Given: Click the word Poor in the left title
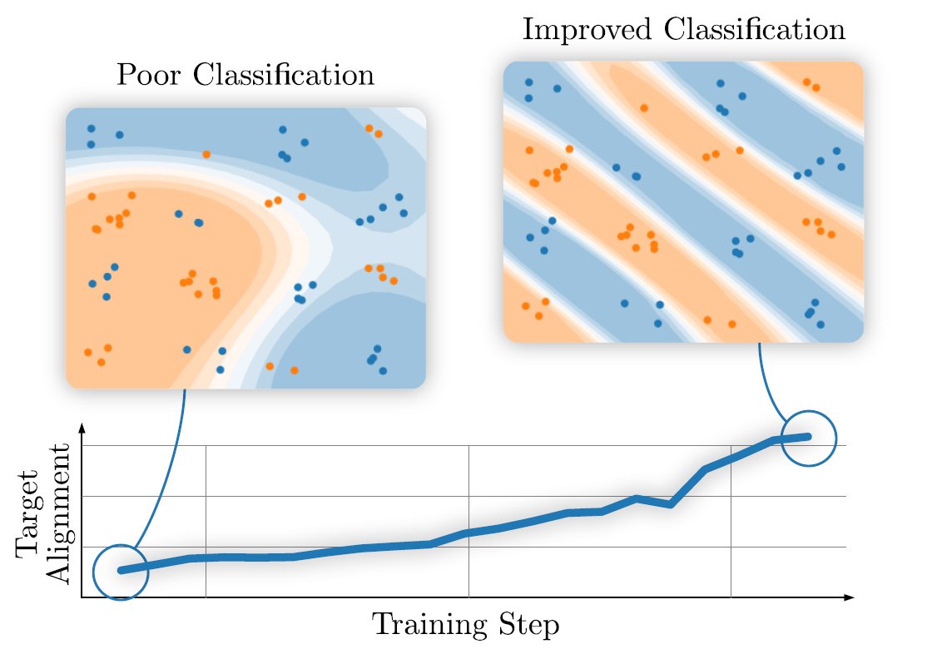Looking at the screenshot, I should pos(146,76).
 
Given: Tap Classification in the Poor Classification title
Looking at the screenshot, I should pos(283,76).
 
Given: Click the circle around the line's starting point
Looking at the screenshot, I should pos(121,572).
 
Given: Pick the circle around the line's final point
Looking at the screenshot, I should pos(807,438).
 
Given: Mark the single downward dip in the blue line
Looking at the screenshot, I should pos(670,504).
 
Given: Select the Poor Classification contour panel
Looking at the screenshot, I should pos(245,248).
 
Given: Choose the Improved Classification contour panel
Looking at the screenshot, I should pos(683,201).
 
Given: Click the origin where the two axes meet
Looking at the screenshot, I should pos(82,597).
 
